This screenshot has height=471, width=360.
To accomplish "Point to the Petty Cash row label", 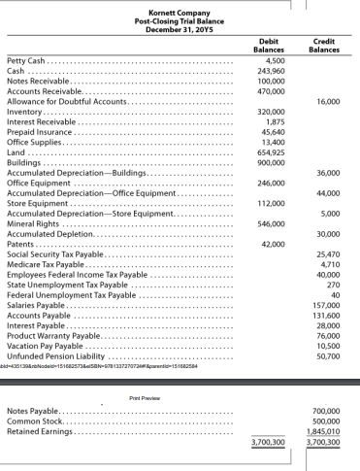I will (x=27, y=61).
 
